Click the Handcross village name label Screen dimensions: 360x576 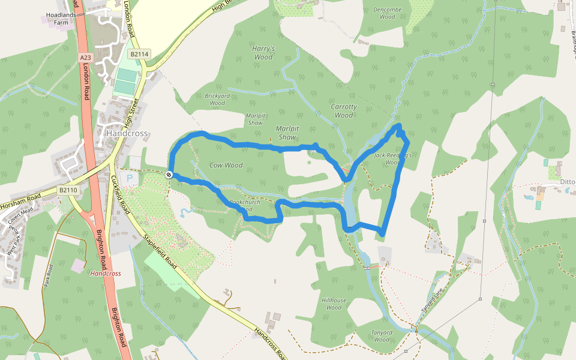click(x=127, y=133)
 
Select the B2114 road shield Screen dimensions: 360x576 click(x=139, y=54)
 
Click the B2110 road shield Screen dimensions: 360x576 click(x=68, y=190)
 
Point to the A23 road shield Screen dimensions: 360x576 click(x=86, y=57)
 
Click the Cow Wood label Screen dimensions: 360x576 click(x=226, y=165)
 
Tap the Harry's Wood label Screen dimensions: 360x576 click(x=263, y=53)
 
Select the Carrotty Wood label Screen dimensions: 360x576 click(x=344, y=110)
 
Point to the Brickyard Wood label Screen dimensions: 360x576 click(x=217, y=99)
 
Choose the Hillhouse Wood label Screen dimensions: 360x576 click(x=334, y=304)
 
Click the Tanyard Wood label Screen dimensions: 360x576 click(x=382, y=336)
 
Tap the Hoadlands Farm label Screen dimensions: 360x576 click(x=62, y=19)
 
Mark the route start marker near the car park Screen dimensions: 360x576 click(x=169, y=175)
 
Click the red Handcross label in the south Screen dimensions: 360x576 click(x=105, y=274)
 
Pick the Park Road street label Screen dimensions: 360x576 click(x=49, y=275)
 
